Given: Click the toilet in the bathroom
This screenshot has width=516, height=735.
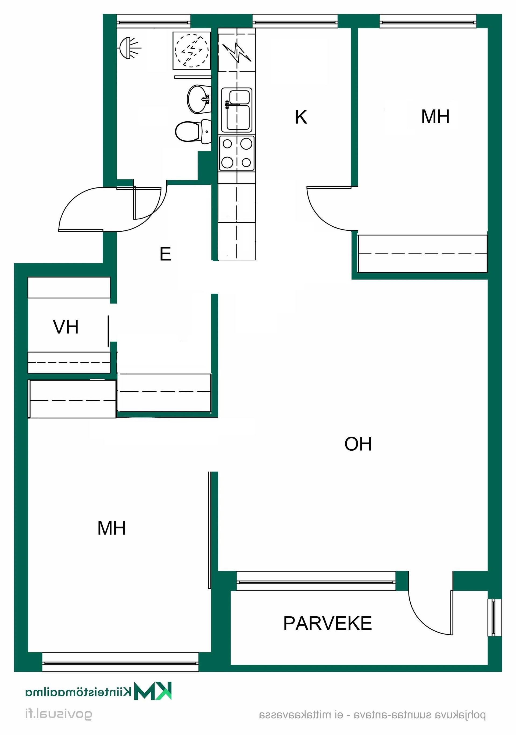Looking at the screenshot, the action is click(x=193, y=132).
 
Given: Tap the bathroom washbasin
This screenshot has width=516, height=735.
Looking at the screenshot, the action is click(x=199, y=99).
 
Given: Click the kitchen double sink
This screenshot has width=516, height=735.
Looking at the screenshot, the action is click(x=237, y=110).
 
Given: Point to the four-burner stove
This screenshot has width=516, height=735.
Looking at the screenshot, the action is click(x=237, y=153).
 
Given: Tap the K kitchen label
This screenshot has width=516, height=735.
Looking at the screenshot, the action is click(x=301, y=117).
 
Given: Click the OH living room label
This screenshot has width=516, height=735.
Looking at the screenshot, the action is click(x=358, y=444).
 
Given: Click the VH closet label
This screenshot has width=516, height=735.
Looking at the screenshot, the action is click(x=66, y=327).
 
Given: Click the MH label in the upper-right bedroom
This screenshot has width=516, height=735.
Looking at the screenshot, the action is click(x=435, y=116).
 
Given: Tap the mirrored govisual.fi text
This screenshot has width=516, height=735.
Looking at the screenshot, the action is click(x=59, y=715).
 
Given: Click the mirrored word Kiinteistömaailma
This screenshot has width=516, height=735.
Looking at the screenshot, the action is click(x=78, y=692).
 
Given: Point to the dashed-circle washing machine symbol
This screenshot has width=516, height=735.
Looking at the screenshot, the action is click(x=192, y=50).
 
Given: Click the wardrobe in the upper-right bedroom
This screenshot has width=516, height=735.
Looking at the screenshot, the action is click(x=422, y=254).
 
